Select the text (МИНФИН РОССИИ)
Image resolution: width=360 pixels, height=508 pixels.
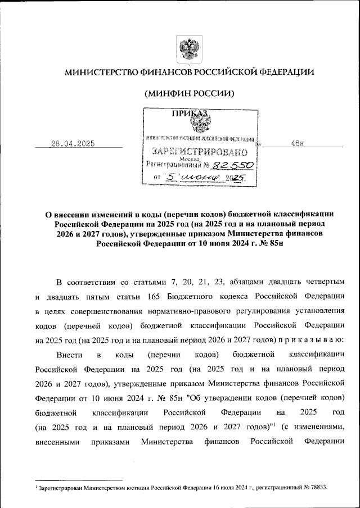(x=189, y=93)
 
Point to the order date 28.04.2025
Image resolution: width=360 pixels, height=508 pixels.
(x=73, y=144)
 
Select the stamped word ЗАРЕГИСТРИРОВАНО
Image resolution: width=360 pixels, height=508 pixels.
(x=200, y=152)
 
